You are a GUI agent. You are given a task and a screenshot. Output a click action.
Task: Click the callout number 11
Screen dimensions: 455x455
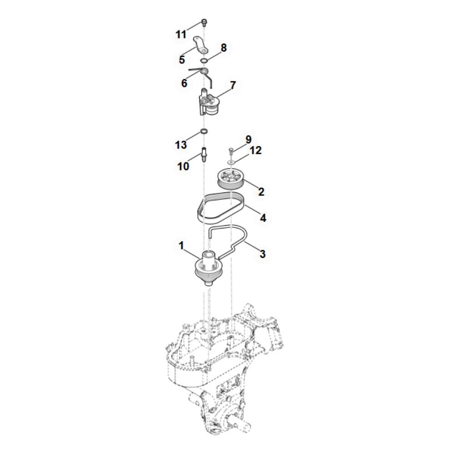[181, 35]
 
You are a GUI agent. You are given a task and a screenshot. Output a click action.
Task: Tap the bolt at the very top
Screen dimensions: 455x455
[204, 22]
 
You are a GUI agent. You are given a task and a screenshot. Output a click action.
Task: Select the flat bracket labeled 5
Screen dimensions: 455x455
[201, 45]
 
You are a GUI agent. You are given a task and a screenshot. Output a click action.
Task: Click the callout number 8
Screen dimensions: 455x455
[223, 48]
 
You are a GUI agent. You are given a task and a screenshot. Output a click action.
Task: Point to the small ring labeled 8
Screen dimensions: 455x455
[204, 61]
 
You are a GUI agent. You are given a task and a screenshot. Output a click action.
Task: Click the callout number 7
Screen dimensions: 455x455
[233, 86]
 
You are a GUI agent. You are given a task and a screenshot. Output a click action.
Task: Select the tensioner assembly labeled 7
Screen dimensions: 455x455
[209, 103]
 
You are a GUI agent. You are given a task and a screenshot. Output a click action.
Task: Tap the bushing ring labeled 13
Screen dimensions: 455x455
[204, 131]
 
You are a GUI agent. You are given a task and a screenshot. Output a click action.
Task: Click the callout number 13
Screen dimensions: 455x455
[181, 145]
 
